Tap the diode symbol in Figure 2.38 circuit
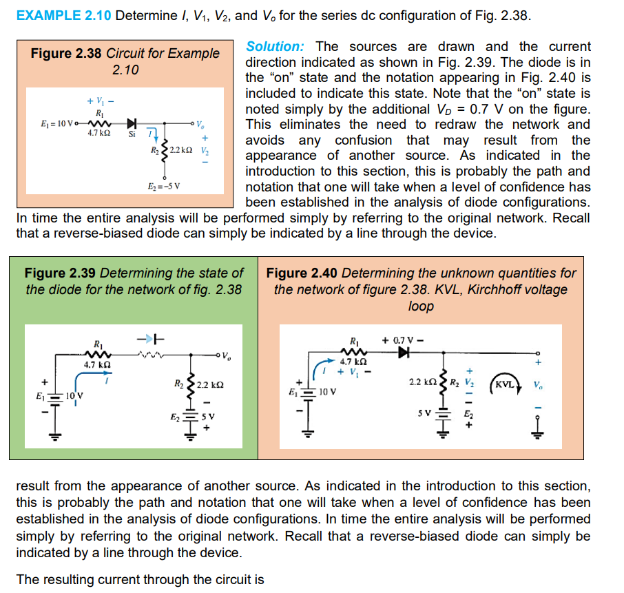tap(131, 123)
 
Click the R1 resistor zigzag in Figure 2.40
tap(353, 351)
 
